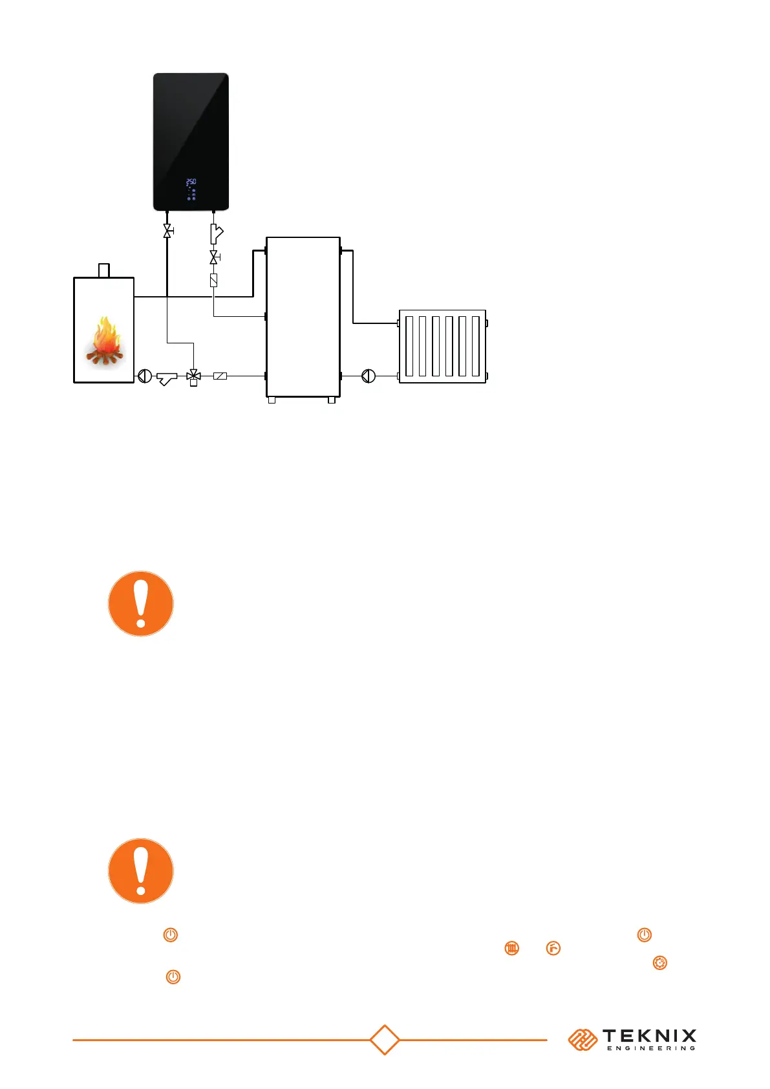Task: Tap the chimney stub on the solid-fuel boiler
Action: point(103,270)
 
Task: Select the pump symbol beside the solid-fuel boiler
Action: point(145,376)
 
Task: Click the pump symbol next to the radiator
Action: point(368,376)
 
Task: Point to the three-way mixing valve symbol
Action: point(193,376)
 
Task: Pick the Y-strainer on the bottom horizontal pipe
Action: point(167,377)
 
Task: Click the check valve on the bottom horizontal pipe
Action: point(220,376)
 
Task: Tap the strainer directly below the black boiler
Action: point(216,233)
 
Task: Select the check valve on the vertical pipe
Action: point(213,281)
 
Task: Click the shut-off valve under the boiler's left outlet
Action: point(167,231)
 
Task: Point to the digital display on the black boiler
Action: point(191,182)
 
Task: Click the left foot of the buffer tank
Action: point(272,400)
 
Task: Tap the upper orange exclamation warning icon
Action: point(141,603)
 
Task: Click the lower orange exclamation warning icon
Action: point(141,870)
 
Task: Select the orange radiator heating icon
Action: point(511,949)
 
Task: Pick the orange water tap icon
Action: point(553,949)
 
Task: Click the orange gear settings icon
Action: point(659,963)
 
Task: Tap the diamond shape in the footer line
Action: point(385,1040)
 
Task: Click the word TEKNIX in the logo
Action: point(649,1037)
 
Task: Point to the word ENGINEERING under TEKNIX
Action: point(650,1048)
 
